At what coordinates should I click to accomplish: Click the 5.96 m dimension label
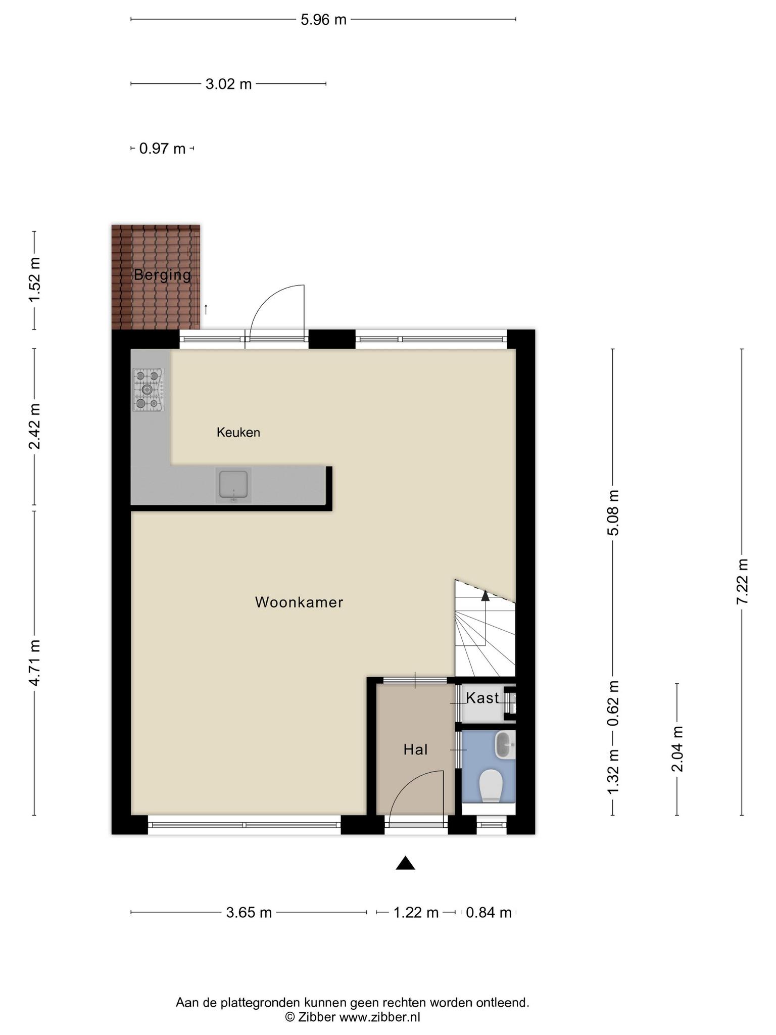pyautogui.click(x=323, y=20)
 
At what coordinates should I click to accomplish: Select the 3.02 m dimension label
pyautogui.click(x=228, y=84)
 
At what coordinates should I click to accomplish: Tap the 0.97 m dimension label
pyautogui.click(x=162, y=149)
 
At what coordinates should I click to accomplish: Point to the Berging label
pyautogui.click(x=162, y=275)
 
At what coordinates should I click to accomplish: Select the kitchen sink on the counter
pyautogui.click(x=233, y=485)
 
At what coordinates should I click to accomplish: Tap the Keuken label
pyautogui.click(x=238, y=433)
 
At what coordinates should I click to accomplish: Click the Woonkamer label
pyautogui.click(x=299, y=602)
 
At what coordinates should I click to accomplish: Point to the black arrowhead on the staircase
pyautogui.click(x=486, y=596)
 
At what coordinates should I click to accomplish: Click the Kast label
pyautogui.click(x=482, y=698)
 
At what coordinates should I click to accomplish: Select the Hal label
pyautogui.click(x=415, y=750)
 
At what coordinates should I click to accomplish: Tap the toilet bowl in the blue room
pyautogui.click(x=490, y=786)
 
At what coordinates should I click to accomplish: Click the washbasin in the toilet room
pyautogui.click(x=504, y=745)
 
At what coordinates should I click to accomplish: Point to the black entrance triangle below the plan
pyautogui.click(x=405, y=863)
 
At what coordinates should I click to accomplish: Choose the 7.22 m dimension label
pyautogui.click(x=742, y=581)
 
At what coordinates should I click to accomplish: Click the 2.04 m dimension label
pyautogui.click(x=677, y=748)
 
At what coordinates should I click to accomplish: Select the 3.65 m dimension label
pyautogui.click(x=249, y=913)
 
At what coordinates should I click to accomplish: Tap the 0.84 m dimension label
pyautogui.click(x=488, y=913)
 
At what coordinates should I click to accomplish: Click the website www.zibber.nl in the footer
pyautogui.click(x=379, y=1017)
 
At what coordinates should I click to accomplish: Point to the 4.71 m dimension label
pyautogui.click(x=34, y=662)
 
